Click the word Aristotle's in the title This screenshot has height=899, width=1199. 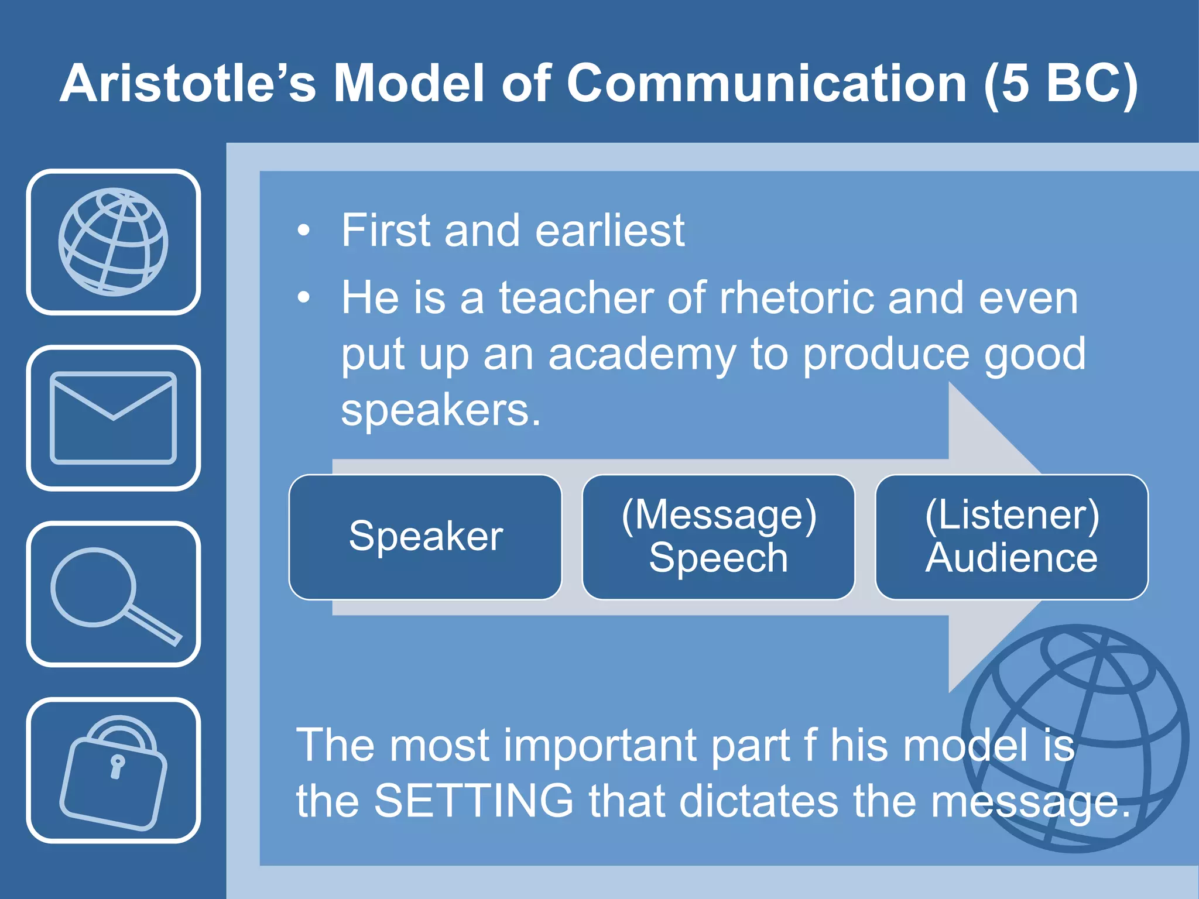coord(187,83)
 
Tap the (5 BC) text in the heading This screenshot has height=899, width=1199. coord(1061,83)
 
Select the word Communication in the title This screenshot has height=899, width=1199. coord(766,83)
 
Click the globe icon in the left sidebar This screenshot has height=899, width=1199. coord(113,242)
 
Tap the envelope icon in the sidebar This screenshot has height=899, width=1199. coord(113,417)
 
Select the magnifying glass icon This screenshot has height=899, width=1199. coord(113,594)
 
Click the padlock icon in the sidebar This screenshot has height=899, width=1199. coord(113,771)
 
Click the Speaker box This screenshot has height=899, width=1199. coord(426,537)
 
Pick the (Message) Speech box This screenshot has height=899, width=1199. coord(718,537)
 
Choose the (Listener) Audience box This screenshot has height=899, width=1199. coord(1012,537)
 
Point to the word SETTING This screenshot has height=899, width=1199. coord(474,801)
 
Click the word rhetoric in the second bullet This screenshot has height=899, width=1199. coord(796,298)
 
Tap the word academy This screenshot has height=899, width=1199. coord(642,354)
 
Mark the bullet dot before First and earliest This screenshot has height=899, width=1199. coord(303,231)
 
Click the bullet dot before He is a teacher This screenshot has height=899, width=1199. coord(303,298)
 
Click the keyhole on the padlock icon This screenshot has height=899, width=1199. coord(117,766)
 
